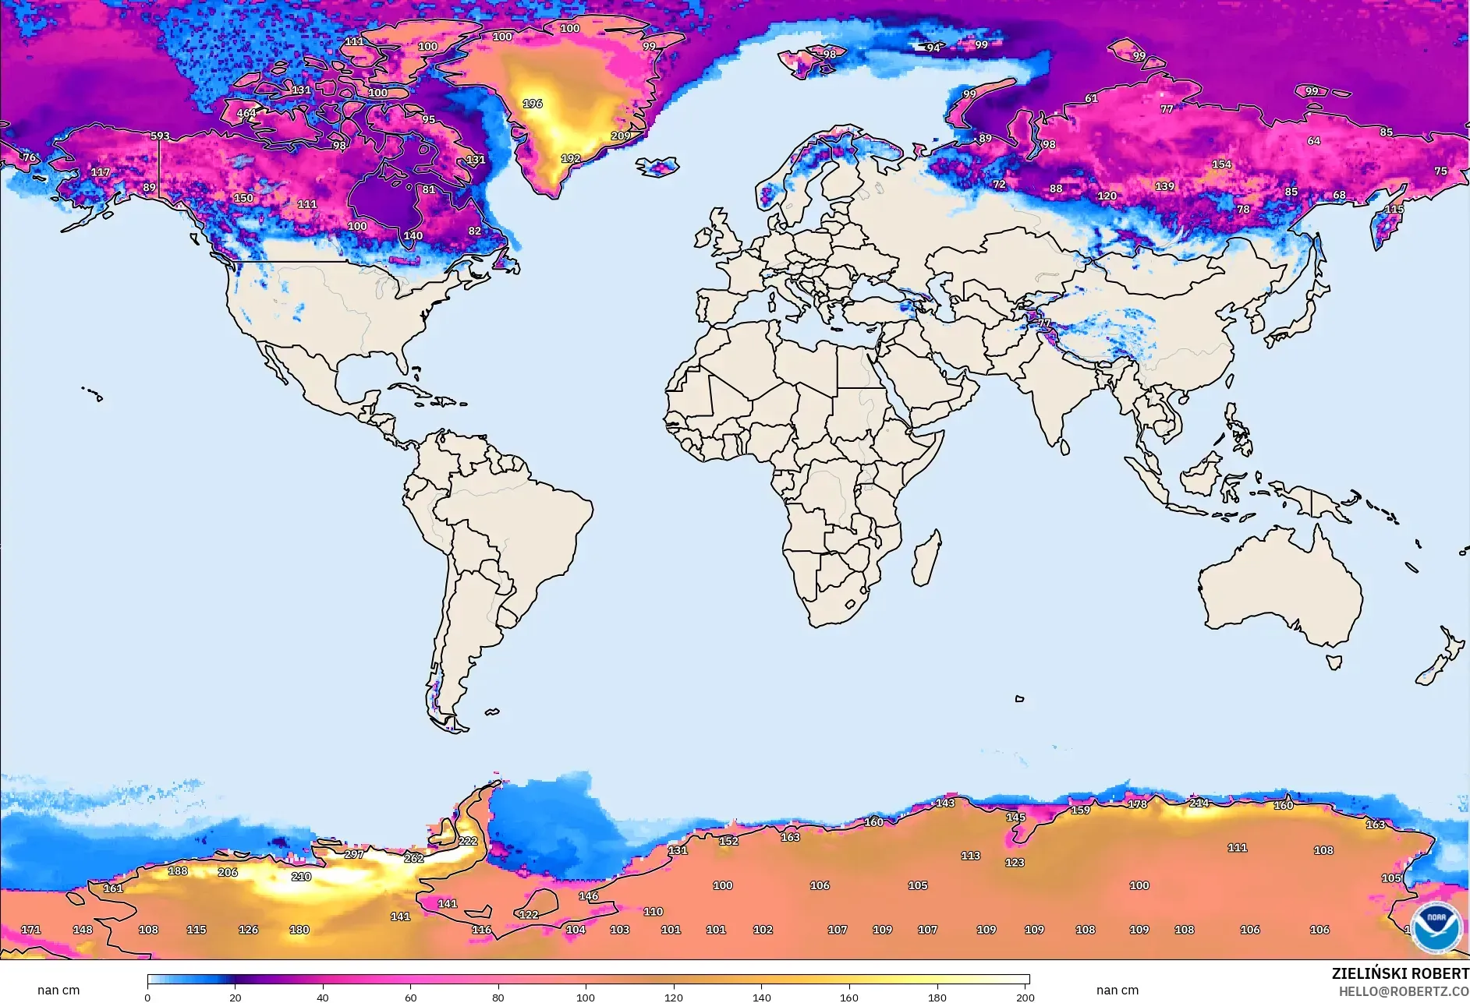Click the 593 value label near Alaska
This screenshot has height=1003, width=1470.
[160, 136]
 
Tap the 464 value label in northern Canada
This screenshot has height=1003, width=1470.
[246, 113]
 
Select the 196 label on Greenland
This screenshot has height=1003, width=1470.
[533, 104]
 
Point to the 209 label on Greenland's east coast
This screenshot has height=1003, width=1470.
[621, 136]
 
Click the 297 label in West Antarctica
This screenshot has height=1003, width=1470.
[354, 854]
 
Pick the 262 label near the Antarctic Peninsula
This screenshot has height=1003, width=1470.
[414, 858]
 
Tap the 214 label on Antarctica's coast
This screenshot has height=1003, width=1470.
[1199, 803]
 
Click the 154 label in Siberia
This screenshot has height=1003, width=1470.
[1222, 164]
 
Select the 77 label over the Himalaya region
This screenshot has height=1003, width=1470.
[1044, 323]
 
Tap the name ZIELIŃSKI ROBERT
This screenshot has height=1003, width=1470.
[1400, 973]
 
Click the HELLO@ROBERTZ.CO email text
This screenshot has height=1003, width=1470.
[1404, 991]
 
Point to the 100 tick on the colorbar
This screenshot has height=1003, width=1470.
[586, 997]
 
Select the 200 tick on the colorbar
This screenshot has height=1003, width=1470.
[1025, 997]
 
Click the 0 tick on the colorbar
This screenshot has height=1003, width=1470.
[147, 997]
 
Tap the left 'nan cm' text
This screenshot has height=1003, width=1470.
[58, 990]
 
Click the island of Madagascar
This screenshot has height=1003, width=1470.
[926, 558]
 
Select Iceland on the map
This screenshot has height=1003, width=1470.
[657, 167]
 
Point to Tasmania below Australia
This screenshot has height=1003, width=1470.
[1334, 662]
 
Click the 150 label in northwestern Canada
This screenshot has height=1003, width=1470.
[243, 198]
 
